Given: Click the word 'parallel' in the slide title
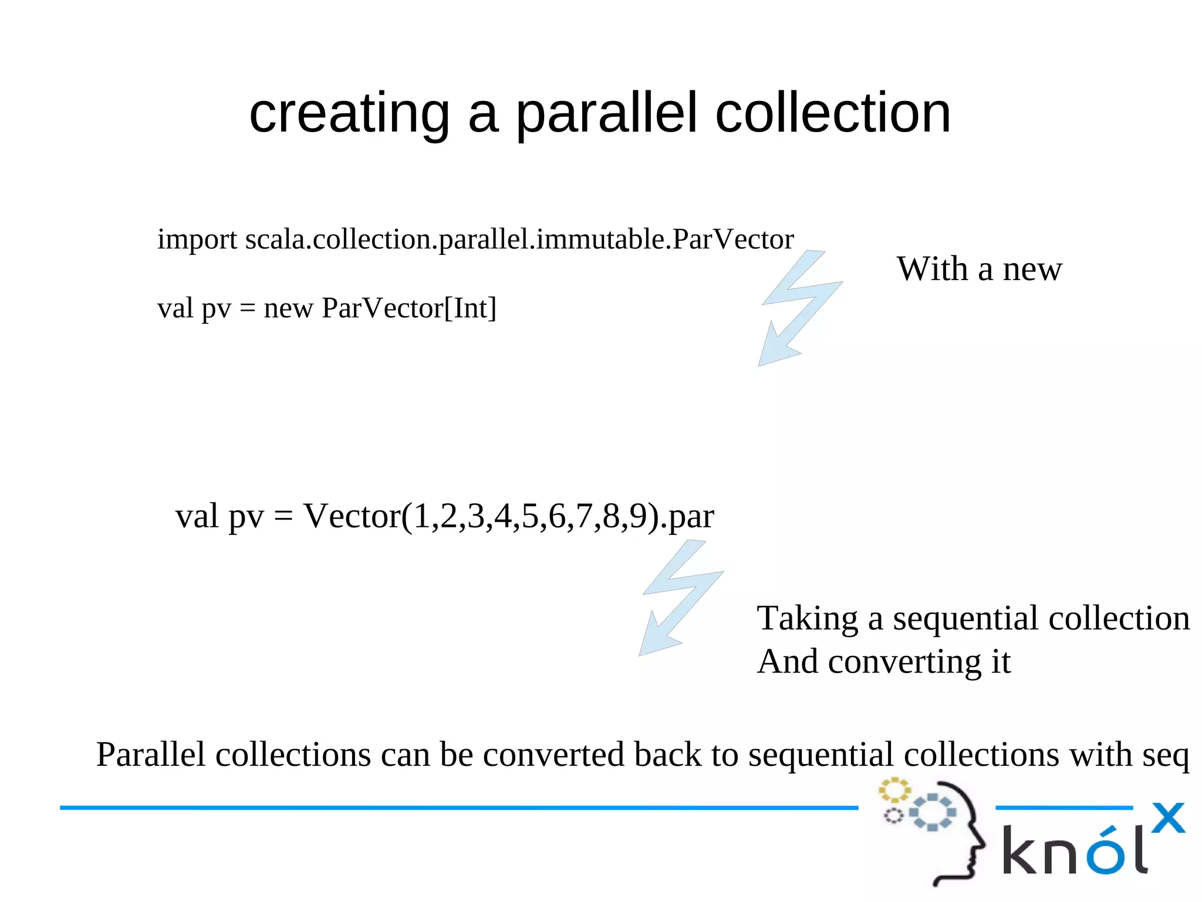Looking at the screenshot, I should pyautogui.click(x=607, y=115).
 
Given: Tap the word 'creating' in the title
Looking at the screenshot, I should pyautogui.click(x=349, y=115).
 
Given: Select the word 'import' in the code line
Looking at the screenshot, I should pyautogui.click(x=197, y=240).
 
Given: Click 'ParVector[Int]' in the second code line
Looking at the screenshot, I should pyautogui.click(x=409, y=308).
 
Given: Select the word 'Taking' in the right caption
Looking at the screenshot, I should pyautogui.click(x=807, y=618).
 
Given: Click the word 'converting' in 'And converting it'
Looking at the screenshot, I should pyautogui.click(x=904, y=662).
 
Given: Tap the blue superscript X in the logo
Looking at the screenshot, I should pyautogui.click(x=1168, y=817).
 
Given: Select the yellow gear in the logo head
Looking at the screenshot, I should pyautogui.click(x=894, y=790).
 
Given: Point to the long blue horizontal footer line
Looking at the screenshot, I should pyautogui.click(x=458, y=808).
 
